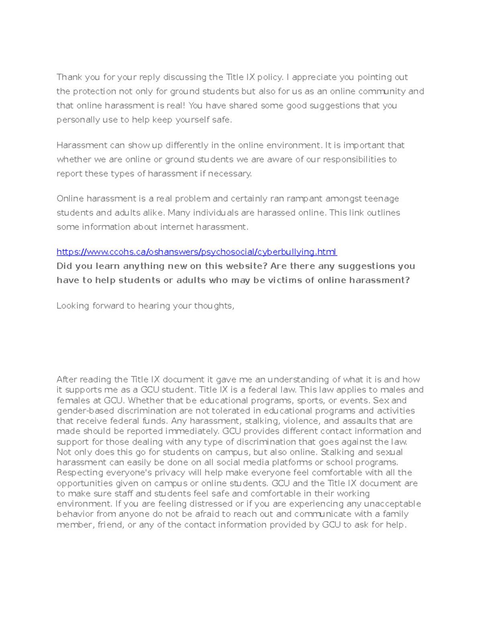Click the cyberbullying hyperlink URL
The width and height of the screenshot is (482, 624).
197,252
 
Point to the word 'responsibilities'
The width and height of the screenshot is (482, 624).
354,160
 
